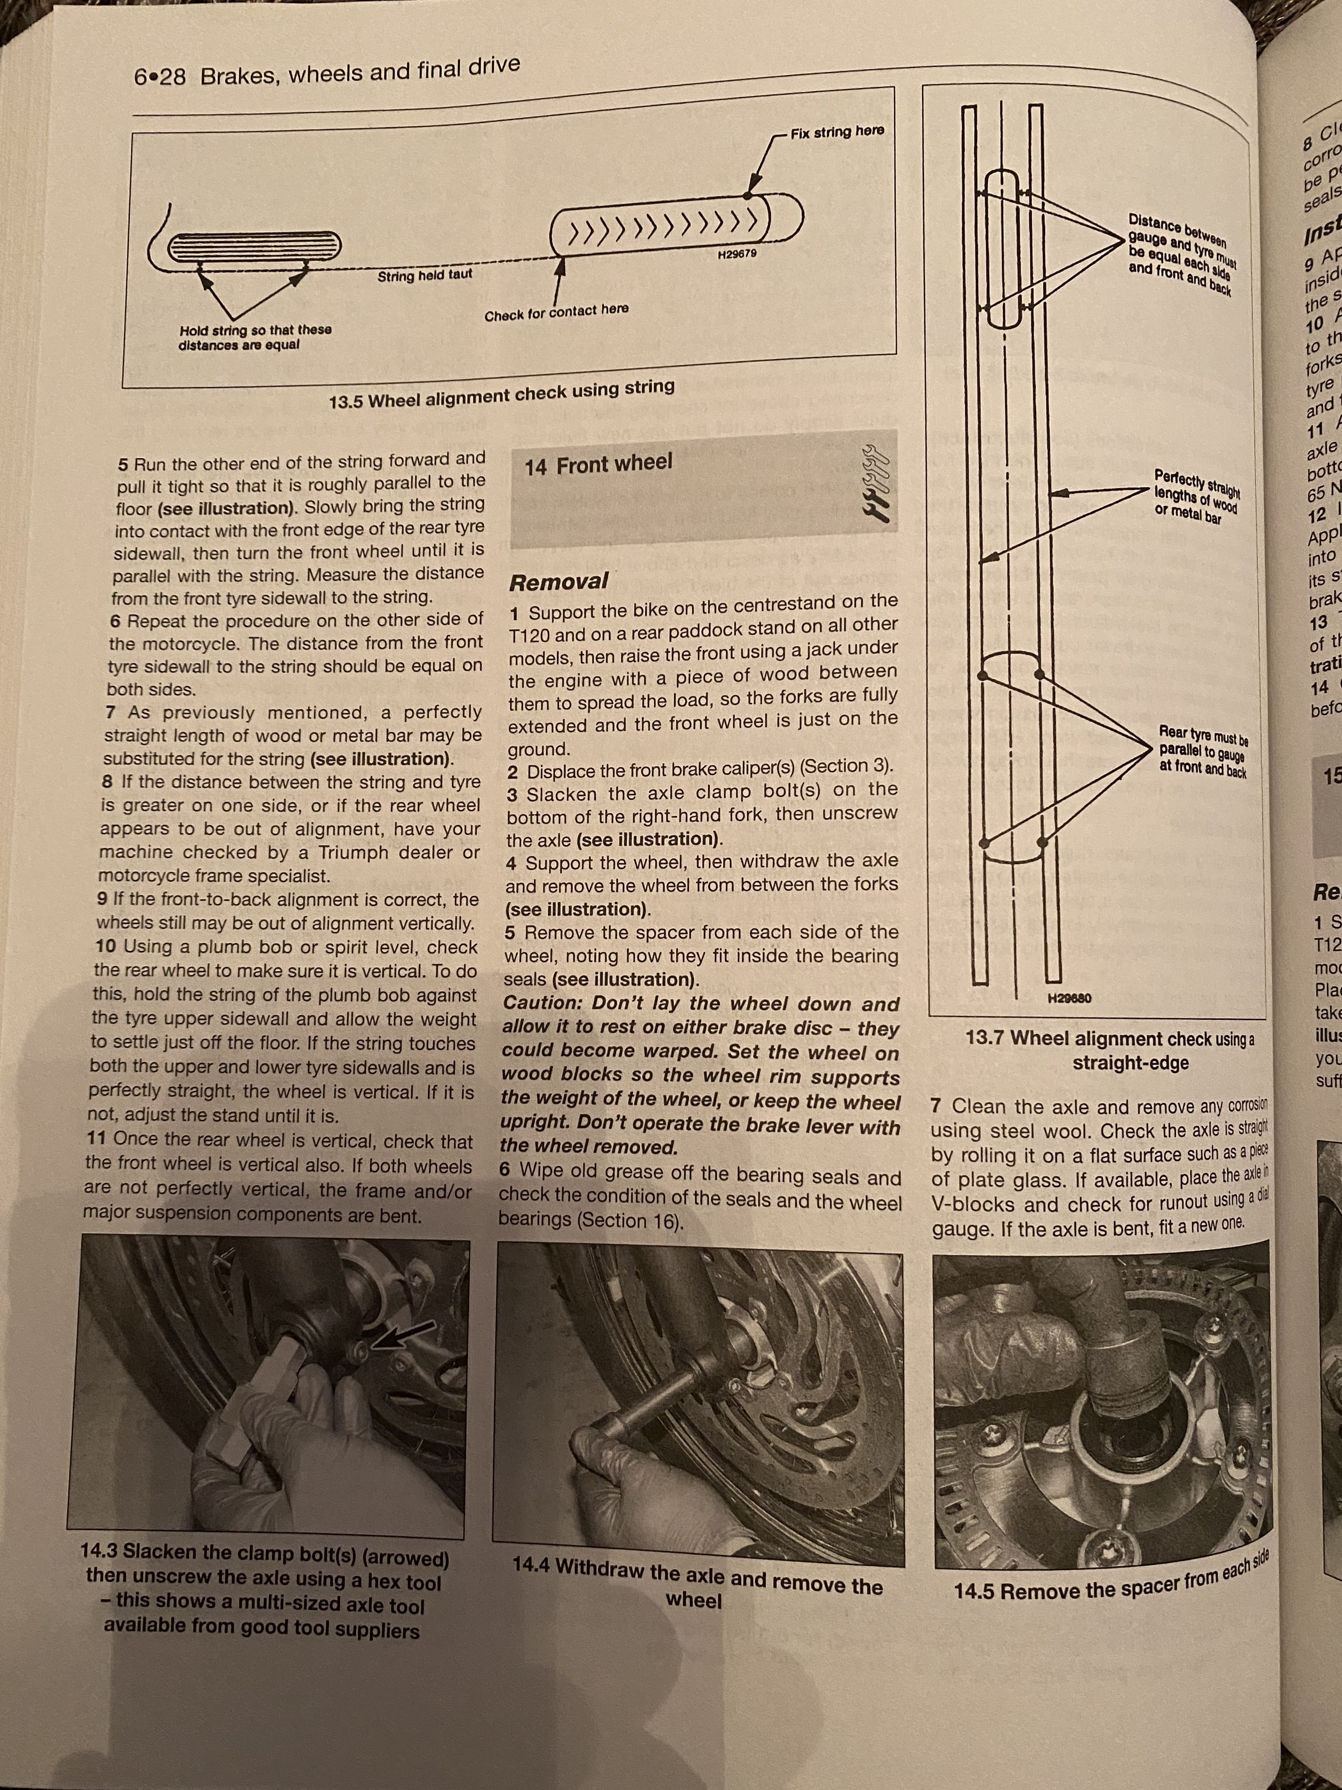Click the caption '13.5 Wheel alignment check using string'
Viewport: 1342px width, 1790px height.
click(501, 393)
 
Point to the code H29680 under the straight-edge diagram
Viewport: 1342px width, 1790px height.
click(1070, 998)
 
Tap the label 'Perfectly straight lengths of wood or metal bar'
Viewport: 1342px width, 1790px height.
click(1200, 496)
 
